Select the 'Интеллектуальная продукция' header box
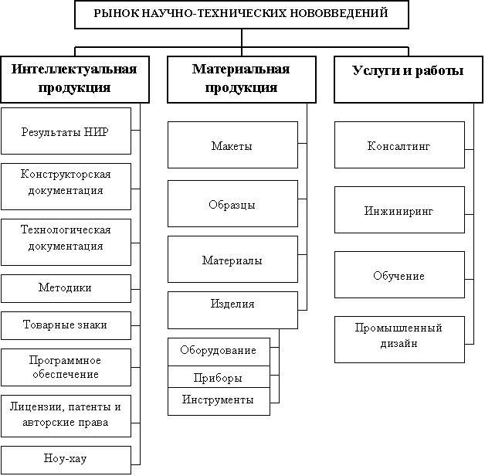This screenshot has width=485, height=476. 73,79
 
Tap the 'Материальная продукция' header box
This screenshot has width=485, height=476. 241,79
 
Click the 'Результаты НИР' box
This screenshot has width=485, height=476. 65,131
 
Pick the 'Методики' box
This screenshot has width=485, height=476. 65,288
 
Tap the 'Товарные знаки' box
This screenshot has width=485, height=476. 65,325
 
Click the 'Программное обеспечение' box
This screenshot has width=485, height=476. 65,367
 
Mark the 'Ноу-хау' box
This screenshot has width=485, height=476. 65,459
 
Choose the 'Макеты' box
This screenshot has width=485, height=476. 232,144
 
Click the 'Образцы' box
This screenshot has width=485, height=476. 232,203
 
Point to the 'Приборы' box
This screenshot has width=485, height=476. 218,377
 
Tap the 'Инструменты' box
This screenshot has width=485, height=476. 218,400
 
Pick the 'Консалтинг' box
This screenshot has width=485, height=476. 399,144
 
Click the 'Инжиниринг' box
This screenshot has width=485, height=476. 399,209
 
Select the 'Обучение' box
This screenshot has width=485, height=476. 399,274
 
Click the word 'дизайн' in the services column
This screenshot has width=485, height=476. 399,344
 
